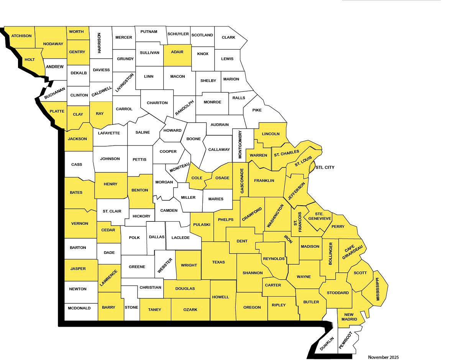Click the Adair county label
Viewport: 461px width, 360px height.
pyautogui.click(x=177, y=52)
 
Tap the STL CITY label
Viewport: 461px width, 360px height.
pyautogui.click(x=325, y=168)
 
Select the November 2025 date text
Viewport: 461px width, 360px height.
pyautogui.click(x=383, y=357)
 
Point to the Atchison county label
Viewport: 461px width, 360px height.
pyautogui.click(x=21, y=36)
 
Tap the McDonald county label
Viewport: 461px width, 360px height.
pyautogui.click(x=79, y=308)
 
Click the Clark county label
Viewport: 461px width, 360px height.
pyautogui.click(x=228, y=38)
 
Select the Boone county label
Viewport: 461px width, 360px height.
pyautogui.click(x=194, y=139)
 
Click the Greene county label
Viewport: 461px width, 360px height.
pyautogui.click(x=137, y=267)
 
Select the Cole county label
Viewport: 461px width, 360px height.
pyautogui.click(x=197, y=178)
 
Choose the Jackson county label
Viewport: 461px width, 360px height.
pyautogui.click(x=77, y=139)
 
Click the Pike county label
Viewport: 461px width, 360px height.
pyautogui.click(x=257, y=110)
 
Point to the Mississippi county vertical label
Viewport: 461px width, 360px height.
pyautogui.click(x=377, y=289)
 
